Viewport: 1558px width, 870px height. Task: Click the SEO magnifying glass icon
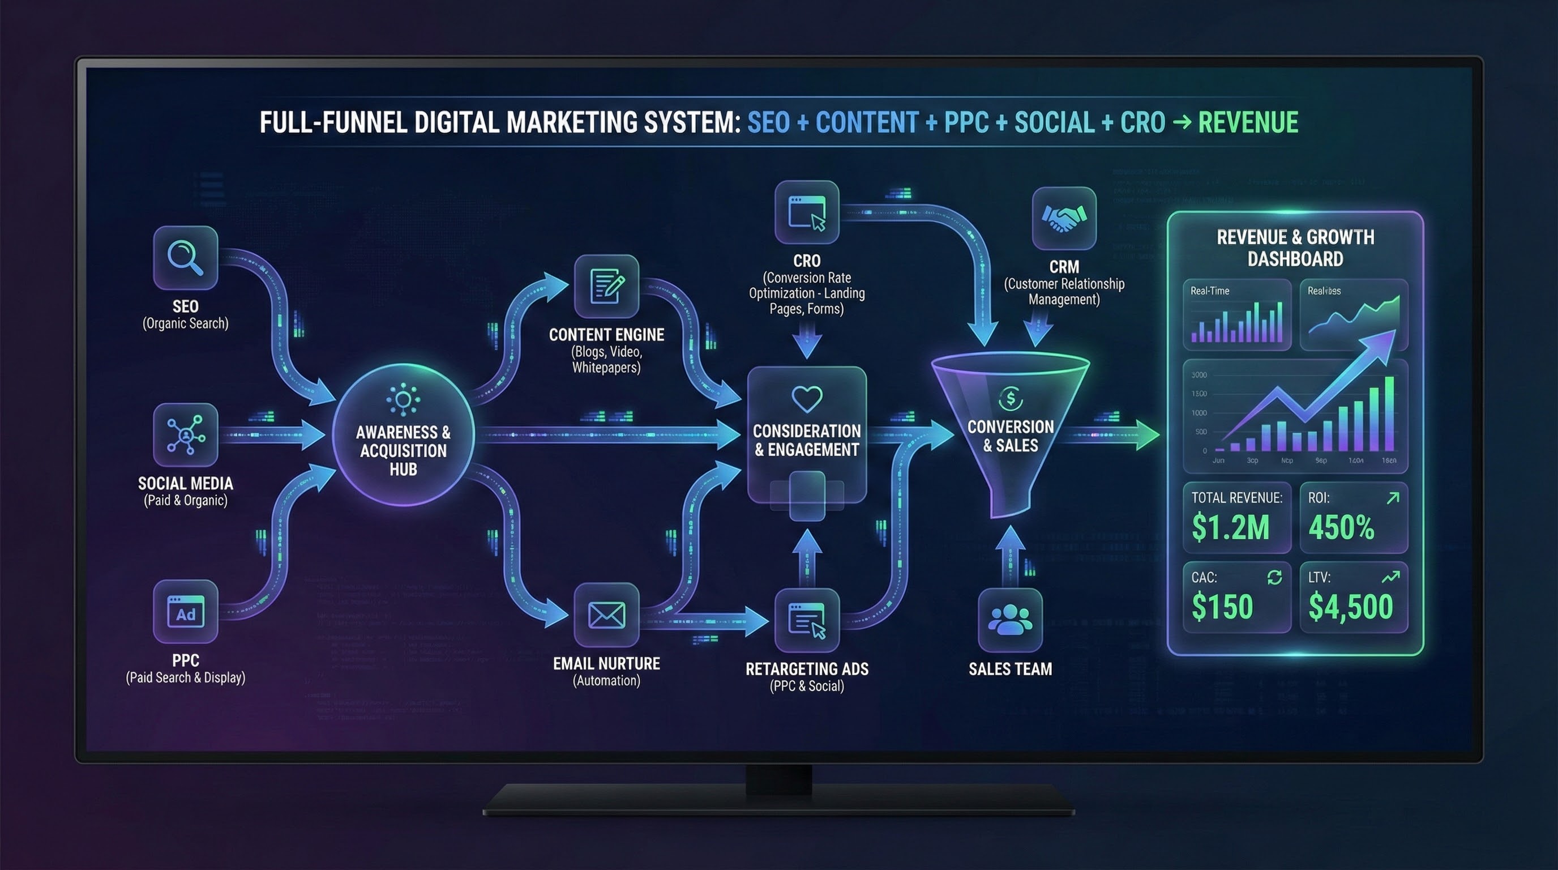pos(185,258)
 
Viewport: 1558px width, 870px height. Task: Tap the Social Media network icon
pos(185,434)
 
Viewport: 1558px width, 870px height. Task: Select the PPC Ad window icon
pos(185,612)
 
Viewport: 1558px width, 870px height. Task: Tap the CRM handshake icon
pos(1064,219)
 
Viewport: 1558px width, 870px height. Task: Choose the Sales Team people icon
pos(1009,620)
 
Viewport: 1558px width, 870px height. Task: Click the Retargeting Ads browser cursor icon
pos(807,621)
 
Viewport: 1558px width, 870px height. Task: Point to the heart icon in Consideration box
pos(807,399)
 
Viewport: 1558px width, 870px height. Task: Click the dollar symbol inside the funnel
pos(1010,399)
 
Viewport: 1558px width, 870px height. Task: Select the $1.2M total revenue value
pos(1230,527)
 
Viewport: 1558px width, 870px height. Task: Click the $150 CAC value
pos(1222,607)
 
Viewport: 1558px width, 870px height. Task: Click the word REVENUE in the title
pos(1248,122)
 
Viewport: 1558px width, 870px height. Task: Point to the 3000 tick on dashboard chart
pos(1199,375)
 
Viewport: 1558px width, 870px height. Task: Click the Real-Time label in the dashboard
pos(1210,291)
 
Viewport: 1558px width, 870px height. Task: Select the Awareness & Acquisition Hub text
pos(403,451)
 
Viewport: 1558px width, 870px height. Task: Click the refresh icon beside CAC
pos(1274,577)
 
